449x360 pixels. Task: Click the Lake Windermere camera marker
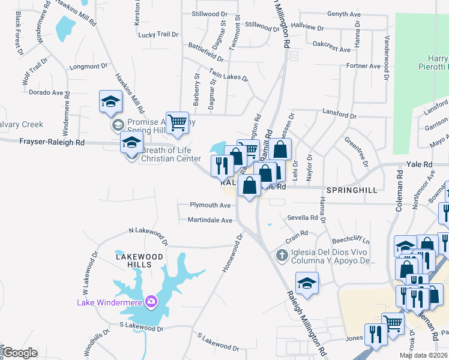pos(151,301)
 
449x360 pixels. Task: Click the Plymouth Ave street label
pos(210,205)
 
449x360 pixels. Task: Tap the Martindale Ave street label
pos(210,220)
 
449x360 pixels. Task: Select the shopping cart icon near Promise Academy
pos(177,123)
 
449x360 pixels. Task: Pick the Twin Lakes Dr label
pos(228,75)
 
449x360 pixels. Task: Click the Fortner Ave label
pos(363,66)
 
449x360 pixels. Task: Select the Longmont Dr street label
pos(88,67)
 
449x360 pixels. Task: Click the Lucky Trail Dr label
pos(158,35)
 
